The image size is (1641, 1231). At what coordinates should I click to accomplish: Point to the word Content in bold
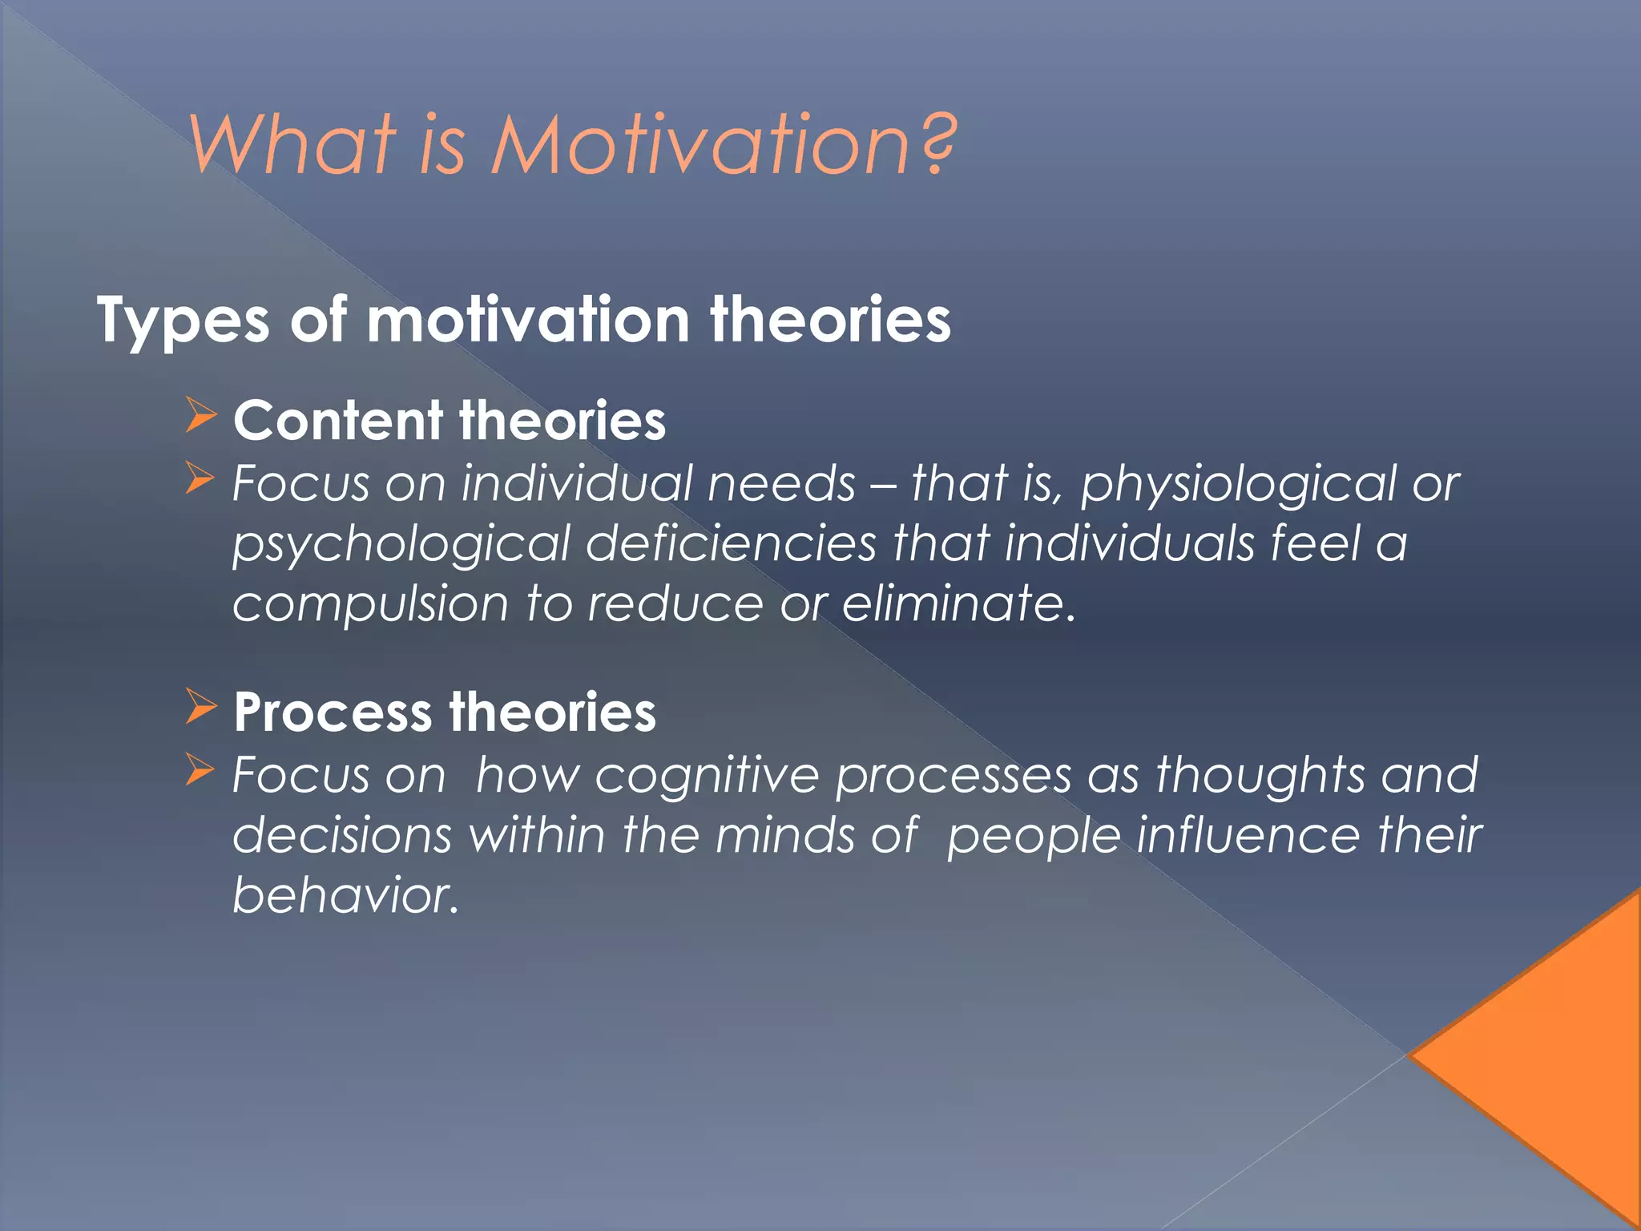[x=338, y=421]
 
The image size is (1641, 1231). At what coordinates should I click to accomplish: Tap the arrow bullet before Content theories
[x=200, y=415]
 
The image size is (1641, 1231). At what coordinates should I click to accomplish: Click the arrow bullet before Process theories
[x=200, y=706]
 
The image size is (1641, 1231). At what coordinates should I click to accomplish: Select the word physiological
[x=1238, y=486]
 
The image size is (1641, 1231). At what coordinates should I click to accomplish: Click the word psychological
[x=401, y=545]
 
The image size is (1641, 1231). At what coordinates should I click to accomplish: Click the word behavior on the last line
[x=345, y=895]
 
